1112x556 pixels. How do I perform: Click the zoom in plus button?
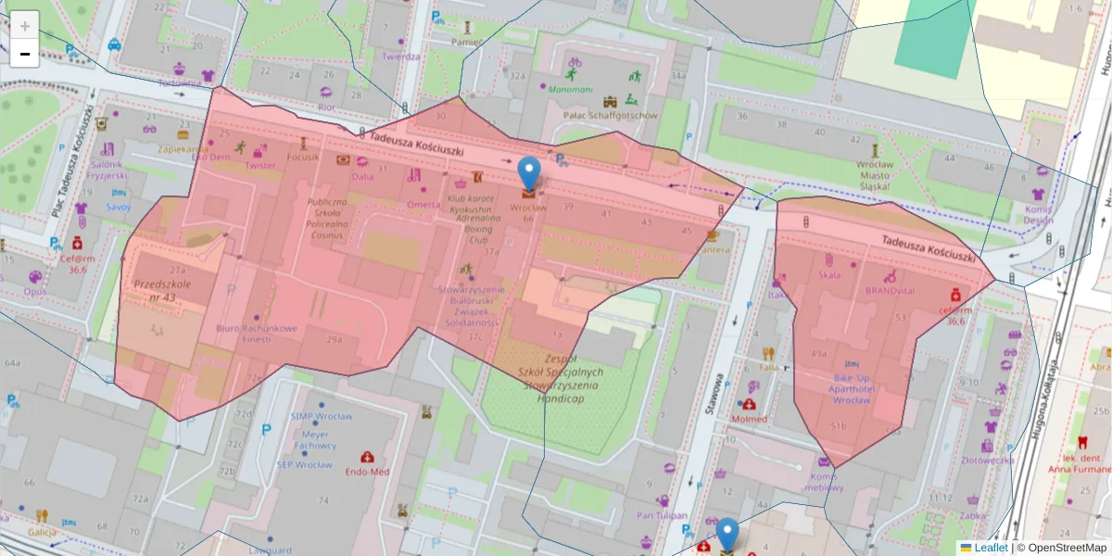[25, 26]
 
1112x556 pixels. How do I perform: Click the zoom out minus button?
[25, 54]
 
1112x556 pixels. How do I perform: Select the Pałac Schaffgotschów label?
[611, 116]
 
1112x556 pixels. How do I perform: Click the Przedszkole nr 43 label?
[155, 290]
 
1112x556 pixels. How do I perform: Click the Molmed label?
[749, 419]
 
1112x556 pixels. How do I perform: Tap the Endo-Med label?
[367, 471]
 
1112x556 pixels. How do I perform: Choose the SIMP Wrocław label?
[321, 417]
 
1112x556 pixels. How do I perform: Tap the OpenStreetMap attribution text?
[1061, 548]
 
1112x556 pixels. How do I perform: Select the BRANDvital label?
[890, 290]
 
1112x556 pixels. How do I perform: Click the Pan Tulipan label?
[662, 515]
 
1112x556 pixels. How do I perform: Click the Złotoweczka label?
[987, 460]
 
